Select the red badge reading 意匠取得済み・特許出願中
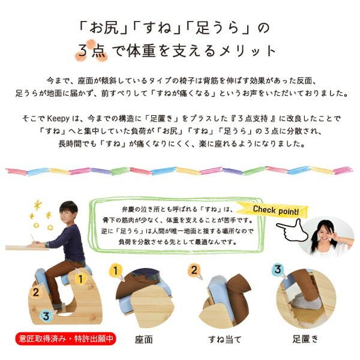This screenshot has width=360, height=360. click(60, 339)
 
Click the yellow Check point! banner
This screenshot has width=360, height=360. click(279, 210)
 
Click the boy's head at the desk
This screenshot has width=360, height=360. click(68, 211)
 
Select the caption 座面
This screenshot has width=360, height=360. click(144, 340)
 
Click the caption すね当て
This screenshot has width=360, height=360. click(223, 340)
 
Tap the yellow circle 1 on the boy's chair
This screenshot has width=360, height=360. click(80, 277)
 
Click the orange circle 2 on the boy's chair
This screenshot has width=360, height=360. click(35, 293)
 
